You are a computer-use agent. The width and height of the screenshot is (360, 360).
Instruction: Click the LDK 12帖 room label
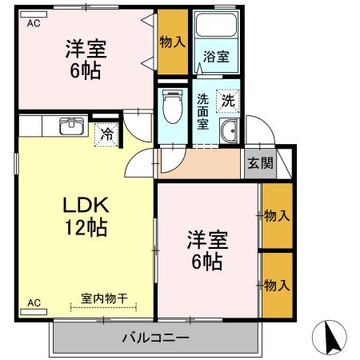point(86,215)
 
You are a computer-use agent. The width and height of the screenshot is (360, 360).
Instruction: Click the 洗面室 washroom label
point(203,112)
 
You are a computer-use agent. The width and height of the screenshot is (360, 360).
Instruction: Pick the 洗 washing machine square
point(228,101)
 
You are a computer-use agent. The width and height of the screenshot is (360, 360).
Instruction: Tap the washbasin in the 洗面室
point(230,133)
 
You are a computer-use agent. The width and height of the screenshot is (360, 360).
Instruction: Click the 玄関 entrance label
point(259,164)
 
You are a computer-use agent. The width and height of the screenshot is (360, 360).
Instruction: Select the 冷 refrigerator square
point(106,135)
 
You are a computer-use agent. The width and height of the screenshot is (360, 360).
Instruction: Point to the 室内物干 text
point(104,298)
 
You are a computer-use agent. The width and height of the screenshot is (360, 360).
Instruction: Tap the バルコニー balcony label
point(155,337)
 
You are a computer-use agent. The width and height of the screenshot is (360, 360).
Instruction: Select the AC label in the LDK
point(34,302)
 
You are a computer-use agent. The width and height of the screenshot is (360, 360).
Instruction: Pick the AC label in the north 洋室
point(34,24)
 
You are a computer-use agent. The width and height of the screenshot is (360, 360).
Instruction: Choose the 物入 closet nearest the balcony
point(277,285)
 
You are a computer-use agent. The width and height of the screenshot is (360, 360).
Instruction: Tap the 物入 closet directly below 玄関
point(277,215)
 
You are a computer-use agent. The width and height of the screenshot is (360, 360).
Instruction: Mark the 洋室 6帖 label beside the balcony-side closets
point(206,249)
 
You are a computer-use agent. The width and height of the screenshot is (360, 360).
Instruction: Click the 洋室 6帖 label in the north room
point(85,58)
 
